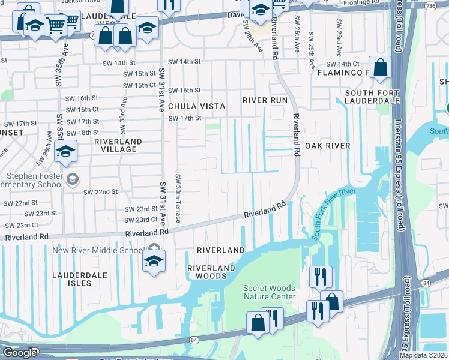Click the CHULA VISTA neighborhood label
click(x=188, y=106)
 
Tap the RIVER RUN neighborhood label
click(x=265, y=100)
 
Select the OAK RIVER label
click(x=327, y=146)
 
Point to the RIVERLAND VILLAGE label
click(x=118, y=146)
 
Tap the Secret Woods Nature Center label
click(x=269, y=292)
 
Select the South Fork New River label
click(x=334, y=215)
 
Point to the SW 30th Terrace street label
click(x=178, y=200)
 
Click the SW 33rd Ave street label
click(x=123, y=115)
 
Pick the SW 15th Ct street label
click(x=139, y=85)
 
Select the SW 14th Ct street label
click(x=342, y=64)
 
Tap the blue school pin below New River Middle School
click(x=154, y=262)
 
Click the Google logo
click(x=19, y=353)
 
